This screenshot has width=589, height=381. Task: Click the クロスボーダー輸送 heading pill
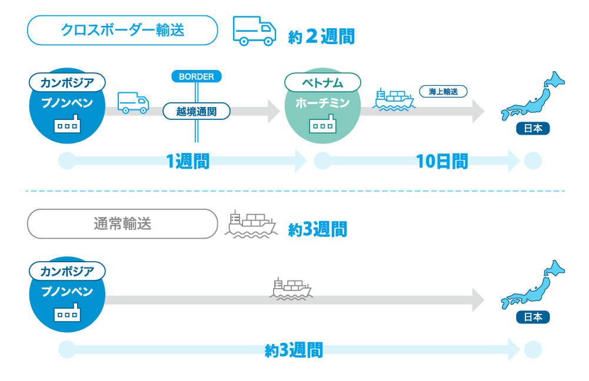click(122, 31)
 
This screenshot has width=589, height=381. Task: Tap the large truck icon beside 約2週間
click(254, 31)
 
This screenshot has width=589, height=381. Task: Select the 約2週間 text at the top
click(321, 36)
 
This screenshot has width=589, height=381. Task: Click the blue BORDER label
click(197, 76)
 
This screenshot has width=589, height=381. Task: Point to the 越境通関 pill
click(197, 112)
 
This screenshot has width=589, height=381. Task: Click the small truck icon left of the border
click(134, 102)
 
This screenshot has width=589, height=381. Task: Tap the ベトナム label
click(322, 82)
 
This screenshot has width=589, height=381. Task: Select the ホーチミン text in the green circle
click(322, 103)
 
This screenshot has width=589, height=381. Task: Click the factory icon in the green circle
click(322, 124)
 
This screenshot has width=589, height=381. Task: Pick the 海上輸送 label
click(443, 92)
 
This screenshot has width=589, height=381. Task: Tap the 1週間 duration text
click(188, 162)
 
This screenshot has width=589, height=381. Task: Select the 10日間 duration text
click(442, 162)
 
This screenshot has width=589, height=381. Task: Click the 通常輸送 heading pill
click(122, 224)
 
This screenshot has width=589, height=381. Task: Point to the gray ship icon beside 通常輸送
click(251, 224)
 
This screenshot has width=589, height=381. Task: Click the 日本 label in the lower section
click(533, 317)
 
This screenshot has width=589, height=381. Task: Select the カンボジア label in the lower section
click(67, 271)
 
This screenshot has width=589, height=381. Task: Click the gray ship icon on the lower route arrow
click(291, 289)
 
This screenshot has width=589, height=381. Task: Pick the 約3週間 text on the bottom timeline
click(294, 350)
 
